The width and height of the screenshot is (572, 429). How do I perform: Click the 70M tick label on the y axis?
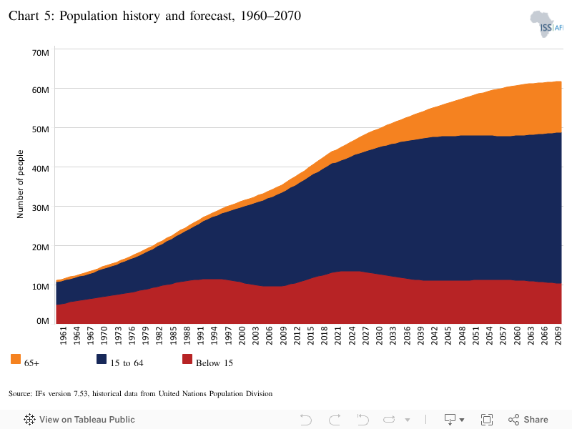(x=41, y=53)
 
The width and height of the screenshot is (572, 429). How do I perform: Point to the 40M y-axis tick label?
(x=41, y=169)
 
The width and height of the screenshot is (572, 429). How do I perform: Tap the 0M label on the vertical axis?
(x=43, y=321)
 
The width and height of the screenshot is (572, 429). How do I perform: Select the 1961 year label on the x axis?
(x=63, y=335)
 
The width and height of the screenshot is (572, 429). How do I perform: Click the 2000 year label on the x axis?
(x=242, y=335)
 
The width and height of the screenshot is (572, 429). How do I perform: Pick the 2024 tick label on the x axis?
(x=352, y=335)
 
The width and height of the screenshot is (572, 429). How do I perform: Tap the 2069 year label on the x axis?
(x=558, y=335)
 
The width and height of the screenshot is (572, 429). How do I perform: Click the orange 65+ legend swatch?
(x=16, y=359)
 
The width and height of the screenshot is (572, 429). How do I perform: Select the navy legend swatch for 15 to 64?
(x=102, y=359)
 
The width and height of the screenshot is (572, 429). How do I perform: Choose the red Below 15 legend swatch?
(x=187, y=359)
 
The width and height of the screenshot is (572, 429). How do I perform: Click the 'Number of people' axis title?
(x=20, y=184)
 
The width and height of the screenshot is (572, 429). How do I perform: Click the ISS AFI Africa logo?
(x=546, y=24)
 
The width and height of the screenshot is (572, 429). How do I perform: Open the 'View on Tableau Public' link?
(x=79, y=420)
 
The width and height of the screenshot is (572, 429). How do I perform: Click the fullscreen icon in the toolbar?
(x=487, y=420)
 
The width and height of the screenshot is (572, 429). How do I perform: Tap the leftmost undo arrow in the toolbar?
(x=306, y=420)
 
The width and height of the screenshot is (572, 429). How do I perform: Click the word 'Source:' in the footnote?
(x=20, y=394)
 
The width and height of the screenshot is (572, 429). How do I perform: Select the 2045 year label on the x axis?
(x=448, y=335)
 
